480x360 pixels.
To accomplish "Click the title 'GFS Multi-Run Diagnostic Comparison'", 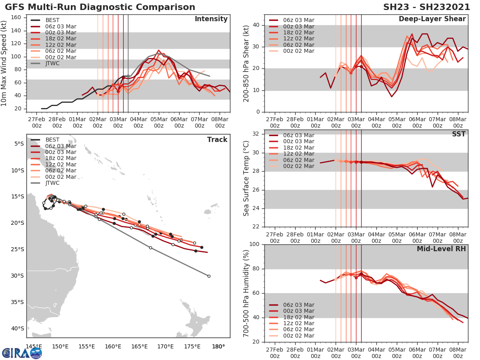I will pos(100,7).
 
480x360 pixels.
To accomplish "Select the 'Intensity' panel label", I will pos(211,19).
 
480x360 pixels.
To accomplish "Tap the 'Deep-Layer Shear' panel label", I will pos(432,19).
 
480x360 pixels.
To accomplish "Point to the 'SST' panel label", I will pos(458,134).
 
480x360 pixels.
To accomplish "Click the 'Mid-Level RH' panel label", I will pos(441,249).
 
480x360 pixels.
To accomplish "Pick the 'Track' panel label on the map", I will pos(217,140).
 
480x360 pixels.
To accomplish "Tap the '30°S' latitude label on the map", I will pos(18,276).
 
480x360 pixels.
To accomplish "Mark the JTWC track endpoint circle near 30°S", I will pos(209,276).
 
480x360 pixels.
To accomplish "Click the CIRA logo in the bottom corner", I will pos(22,352).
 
